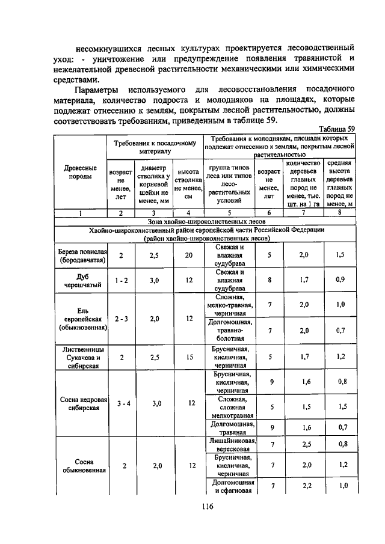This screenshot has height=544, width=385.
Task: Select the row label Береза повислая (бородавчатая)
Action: pyautogui.click(x=82, y=255)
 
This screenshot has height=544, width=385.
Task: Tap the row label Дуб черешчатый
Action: pyautogui.click(x=82, y=280)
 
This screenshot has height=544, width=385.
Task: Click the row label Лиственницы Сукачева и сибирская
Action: pyautogui.click(x=82, y=356)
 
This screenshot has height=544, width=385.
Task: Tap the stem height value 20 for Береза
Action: pyautogui.click(x=189, y=255)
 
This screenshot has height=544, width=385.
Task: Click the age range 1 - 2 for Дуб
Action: pyautogui.click(x=121, y=280)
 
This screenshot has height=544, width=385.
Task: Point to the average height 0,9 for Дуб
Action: pyautogui.click(x=341, y=280)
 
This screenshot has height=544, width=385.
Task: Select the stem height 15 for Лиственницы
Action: pyautogui.click(x=189, y=356)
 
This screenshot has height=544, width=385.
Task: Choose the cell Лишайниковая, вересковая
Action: pyautogui.click(x=230, y=445)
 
